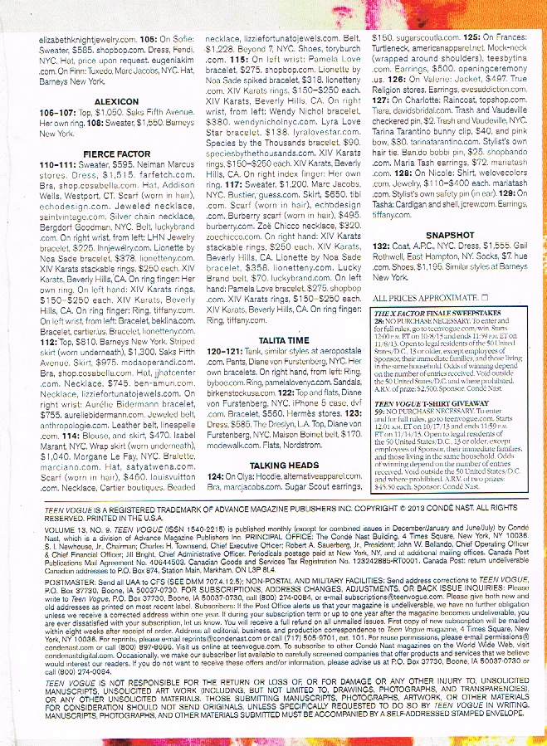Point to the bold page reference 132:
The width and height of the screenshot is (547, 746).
coord(381,246)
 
